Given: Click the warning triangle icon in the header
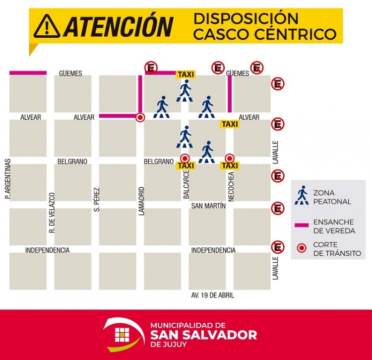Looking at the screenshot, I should click(x=47, y=26).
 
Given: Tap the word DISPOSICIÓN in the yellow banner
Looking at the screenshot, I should click(x=246, y=19).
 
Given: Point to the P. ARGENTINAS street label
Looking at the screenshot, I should click(x=7, y=179).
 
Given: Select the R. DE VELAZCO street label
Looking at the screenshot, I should click(x=52, y=213).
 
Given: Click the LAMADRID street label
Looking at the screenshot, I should click(x=141, y=201).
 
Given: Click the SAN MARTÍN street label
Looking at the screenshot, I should click(x=208, y=206).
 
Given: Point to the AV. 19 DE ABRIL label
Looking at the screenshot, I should click(x=213, y=295).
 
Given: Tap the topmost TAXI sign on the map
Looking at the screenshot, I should click(x=186, y=74).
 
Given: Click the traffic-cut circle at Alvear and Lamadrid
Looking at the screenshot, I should click(x=140, y=118).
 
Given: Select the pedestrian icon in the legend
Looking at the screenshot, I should click(x=302, y=196).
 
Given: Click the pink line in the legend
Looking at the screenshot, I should click(x=302, y=225).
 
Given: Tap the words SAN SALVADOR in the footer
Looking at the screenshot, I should click(x=203, y=334).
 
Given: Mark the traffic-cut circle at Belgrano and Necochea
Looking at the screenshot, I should click(x=230, y=157).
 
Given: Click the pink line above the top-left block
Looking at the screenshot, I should click(x=28, y=73).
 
